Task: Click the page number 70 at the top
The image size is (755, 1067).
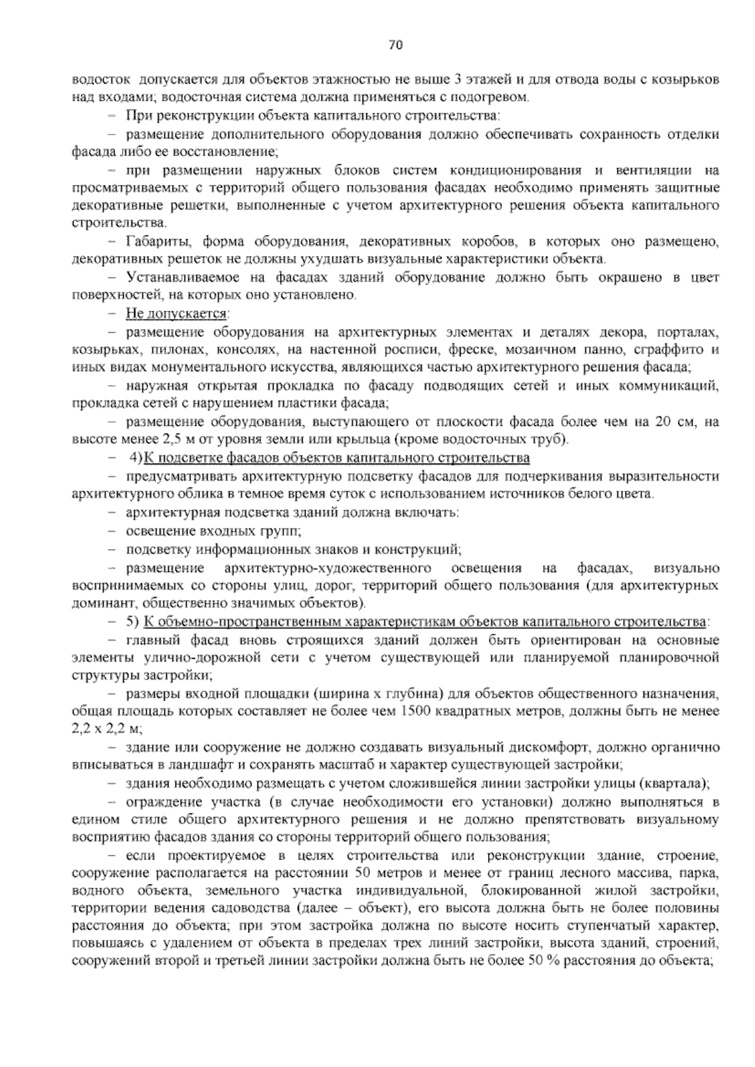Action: [x=396, y=45]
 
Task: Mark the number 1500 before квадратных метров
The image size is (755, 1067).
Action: [x=415, y=712]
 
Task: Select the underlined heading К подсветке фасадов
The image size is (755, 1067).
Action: [x=337, y=457]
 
